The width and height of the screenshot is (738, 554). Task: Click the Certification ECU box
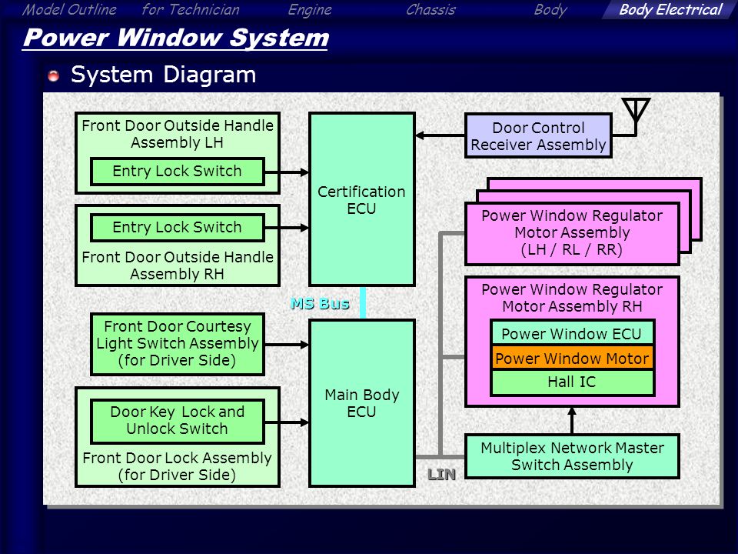tap(361, 199)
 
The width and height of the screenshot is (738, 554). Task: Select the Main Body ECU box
tap(361, 403)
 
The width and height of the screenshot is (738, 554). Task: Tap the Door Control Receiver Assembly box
tap(538, 135)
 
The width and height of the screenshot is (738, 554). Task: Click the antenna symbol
tap(636, 113)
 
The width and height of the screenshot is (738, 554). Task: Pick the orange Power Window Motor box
tap(572, 359)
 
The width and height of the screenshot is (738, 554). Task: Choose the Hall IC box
tap(572, 382)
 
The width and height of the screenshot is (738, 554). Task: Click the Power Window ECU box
tap(572, 333)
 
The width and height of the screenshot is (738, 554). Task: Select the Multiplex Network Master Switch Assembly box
tap(572, 456)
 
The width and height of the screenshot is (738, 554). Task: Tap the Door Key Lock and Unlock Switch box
tap(178, 421)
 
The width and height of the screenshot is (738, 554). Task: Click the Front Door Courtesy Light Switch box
tap(178, 343)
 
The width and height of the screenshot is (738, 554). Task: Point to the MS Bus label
tap(320, 303)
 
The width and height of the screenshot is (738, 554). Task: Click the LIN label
tap(441, 475)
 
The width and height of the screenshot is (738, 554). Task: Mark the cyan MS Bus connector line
tap(363, 303)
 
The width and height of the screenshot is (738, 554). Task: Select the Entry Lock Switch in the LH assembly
tap(178, 171)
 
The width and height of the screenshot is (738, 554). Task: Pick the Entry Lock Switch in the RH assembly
tap(178, 228)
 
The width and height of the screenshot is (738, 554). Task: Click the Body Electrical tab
tap(670, 9)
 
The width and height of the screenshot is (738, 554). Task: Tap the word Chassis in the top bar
tap(430, 9)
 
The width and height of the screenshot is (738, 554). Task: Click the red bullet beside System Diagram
tap(54, 75)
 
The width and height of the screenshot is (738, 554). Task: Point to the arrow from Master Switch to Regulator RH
tap(572, 420)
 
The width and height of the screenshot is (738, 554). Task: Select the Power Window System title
tap(175, 38)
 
